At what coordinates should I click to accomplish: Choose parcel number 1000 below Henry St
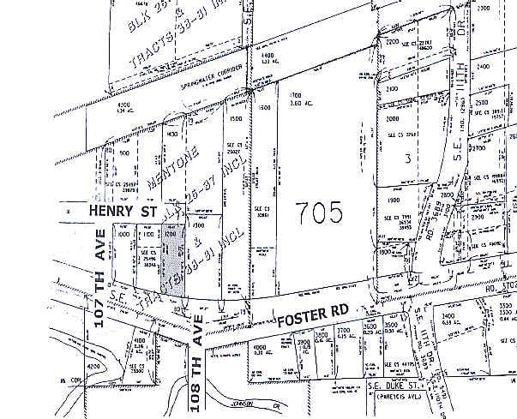click(x=123, y=234)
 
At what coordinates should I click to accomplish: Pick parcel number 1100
click(x=148, y=234)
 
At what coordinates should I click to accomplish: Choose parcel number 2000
click(x=393, y=120)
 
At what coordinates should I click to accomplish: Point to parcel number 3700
click(x=344, y=329)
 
